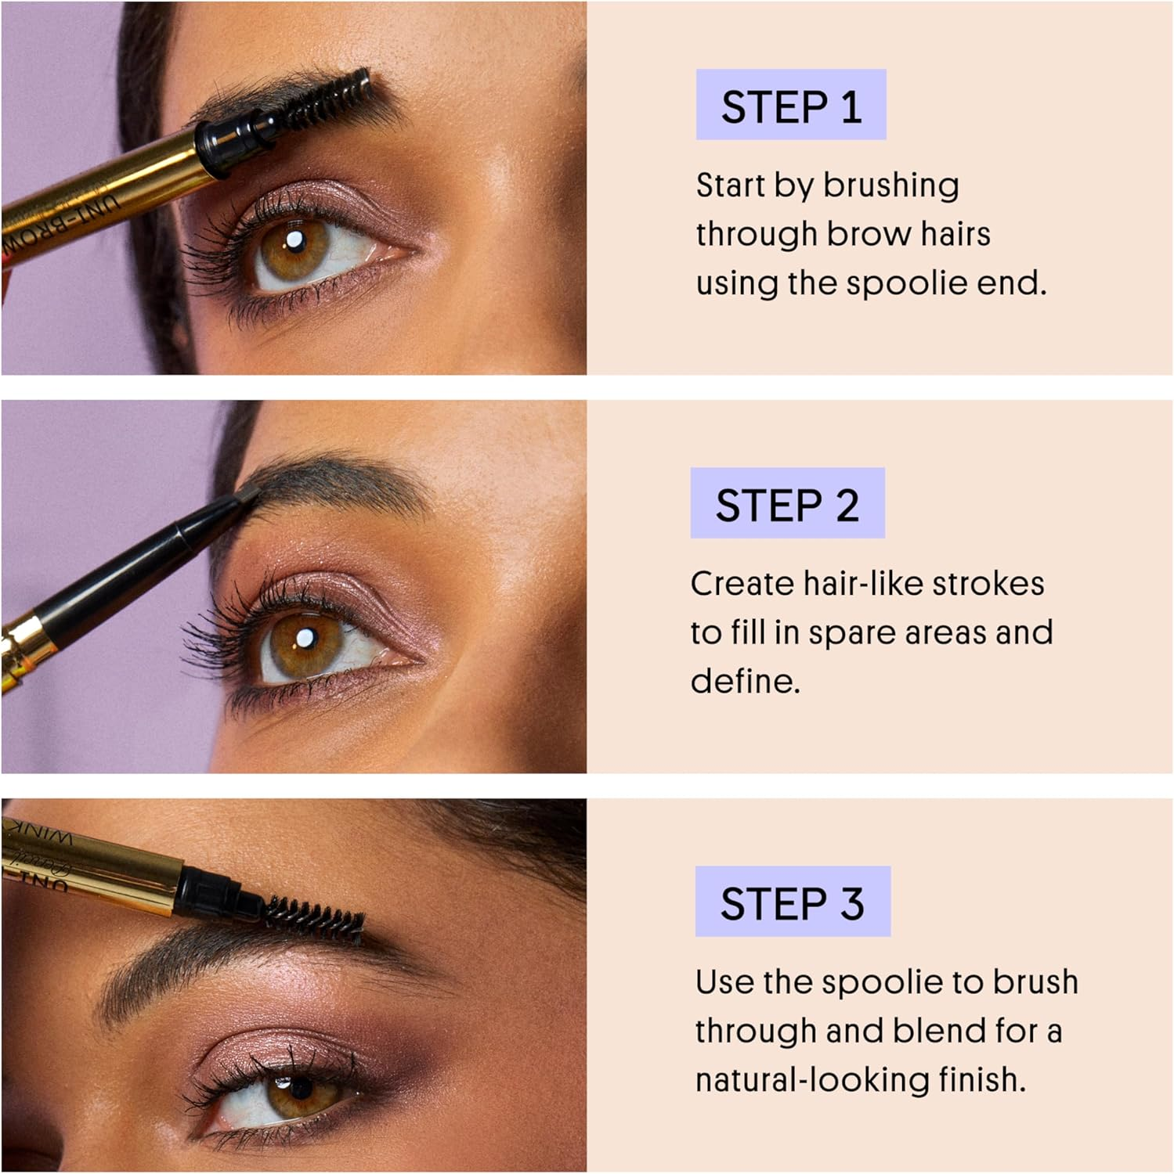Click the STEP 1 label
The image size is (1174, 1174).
[791, 106]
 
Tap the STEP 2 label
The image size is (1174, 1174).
[787, 504]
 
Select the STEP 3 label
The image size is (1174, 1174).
[792, 902]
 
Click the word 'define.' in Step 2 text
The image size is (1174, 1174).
[745, 681]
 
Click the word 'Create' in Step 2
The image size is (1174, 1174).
[741, 584]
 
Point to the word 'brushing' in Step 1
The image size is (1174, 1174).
[890, 185]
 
